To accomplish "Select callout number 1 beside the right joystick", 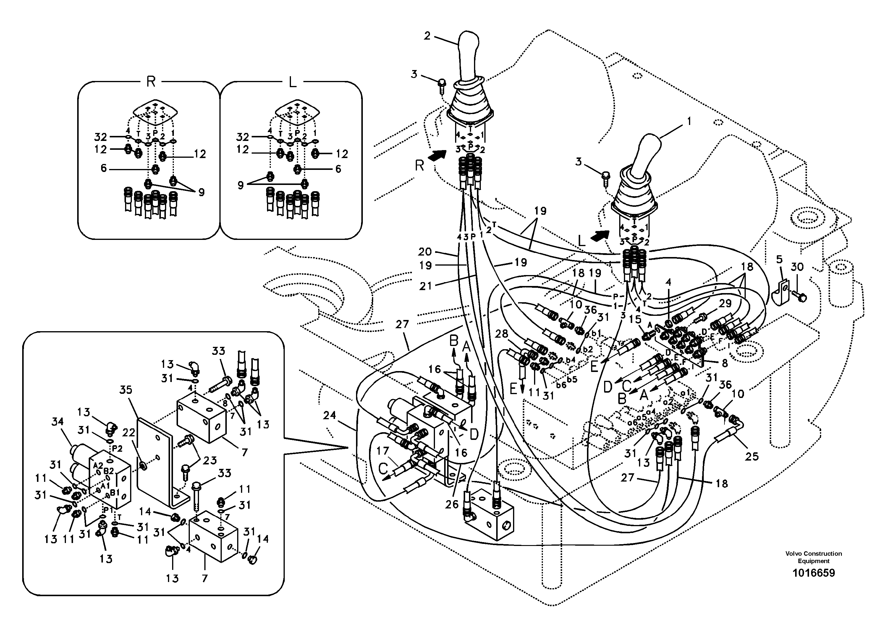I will pyautogui.click(x=689, y=121).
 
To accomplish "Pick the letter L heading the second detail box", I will pyautogui.click(x=292, y=82).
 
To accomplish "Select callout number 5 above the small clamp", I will pyautogui.click(x=779, y=260).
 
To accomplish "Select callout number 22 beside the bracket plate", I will pyautogui.click(x=129, y=433).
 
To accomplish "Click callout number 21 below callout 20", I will pyautogui.click(x=426, y=286).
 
